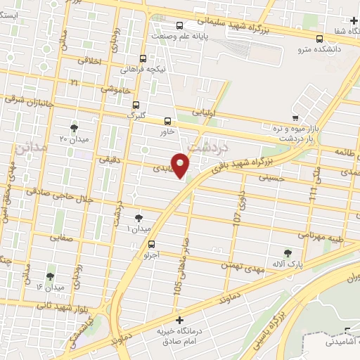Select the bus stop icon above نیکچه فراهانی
click(143, 59)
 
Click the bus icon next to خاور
click(167, 120)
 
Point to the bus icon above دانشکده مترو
click(320, 39)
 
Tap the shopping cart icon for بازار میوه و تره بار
click(296, 117)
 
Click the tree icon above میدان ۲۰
click(74, 128)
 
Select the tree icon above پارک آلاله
click(287, 252)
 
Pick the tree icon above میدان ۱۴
click(49, 276)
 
